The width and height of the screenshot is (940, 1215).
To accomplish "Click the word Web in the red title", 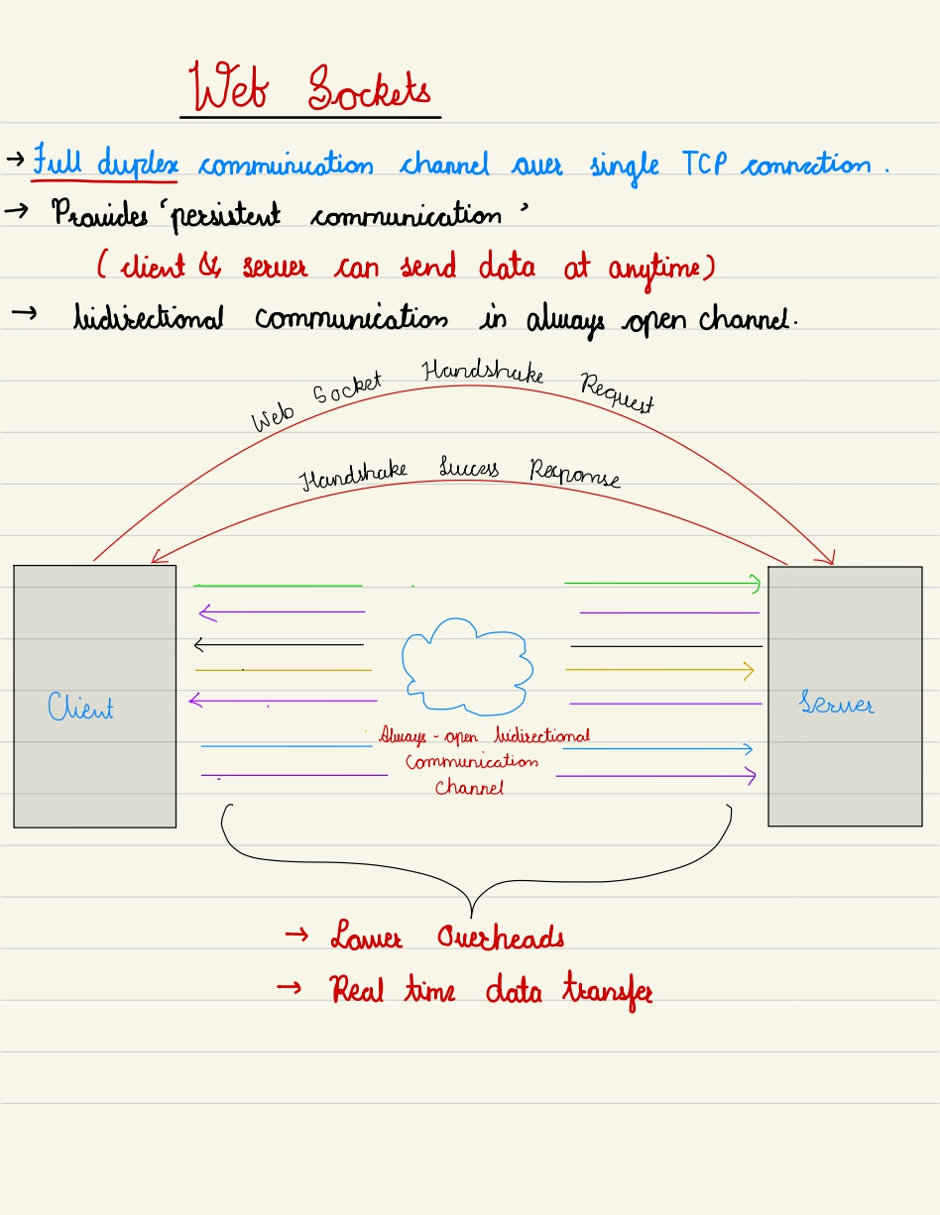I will (232, 87).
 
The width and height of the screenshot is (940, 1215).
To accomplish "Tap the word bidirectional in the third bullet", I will (150, 319).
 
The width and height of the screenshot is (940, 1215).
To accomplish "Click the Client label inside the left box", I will (80, 707).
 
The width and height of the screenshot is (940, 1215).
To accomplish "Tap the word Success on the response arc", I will (469, 469).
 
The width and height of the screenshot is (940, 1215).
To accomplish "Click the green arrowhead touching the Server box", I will (756, 585).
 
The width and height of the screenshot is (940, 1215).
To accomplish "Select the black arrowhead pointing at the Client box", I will (199, 646).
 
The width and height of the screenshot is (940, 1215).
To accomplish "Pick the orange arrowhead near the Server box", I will (749, 671).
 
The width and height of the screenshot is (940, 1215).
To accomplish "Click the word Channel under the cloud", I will (469, 789).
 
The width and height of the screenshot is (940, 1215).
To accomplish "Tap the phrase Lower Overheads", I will (447, 938).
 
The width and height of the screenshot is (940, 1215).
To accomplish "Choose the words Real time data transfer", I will (491, 990).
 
